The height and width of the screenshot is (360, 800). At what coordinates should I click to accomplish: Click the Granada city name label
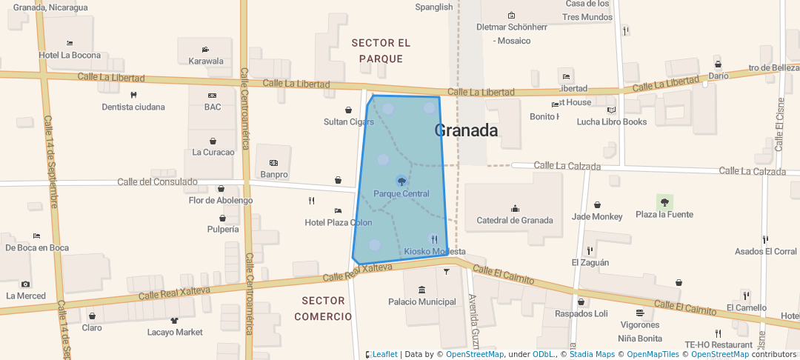tap(466, 131)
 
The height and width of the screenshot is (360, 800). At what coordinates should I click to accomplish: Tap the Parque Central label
tap(401, 194)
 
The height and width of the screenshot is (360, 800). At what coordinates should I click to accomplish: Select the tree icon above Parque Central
tap(401, 181)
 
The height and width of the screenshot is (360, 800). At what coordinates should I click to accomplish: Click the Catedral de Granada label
tap(515, 220)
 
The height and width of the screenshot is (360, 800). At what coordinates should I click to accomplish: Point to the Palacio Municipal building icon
tap(422, 290)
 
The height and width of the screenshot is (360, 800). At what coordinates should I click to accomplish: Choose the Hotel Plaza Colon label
tap(339, 222)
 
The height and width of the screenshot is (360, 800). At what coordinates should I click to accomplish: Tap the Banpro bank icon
tap(273, 163)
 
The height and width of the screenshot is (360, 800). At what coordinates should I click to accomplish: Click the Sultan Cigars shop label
tap(349, 121)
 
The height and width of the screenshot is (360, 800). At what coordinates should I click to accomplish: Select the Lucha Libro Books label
tap(612, 121)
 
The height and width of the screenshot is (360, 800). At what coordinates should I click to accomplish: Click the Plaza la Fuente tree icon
tap(664, 201)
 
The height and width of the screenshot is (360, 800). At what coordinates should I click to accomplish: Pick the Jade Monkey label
tap(597, 216)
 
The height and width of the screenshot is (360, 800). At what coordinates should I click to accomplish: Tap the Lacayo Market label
tap(175, 332)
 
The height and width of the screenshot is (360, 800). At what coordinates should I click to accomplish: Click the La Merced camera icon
tap(26, 284)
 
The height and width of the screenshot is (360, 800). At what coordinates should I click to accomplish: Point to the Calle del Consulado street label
tap(157, 181)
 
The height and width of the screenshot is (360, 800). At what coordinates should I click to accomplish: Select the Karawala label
tap(206, 61)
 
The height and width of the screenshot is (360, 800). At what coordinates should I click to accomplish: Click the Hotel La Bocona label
tap(70, 55)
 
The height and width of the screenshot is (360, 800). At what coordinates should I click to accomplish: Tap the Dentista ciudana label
tap(133, 107)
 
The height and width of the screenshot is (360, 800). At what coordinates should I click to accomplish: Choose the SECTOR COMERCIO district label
tap(323, 308)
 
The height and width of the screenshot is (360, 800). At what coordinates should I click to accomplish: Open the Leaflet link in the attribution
tap(384, 354)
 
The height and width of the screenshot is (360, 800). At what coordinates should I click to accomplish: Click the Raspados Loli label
tap(581, 313)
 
